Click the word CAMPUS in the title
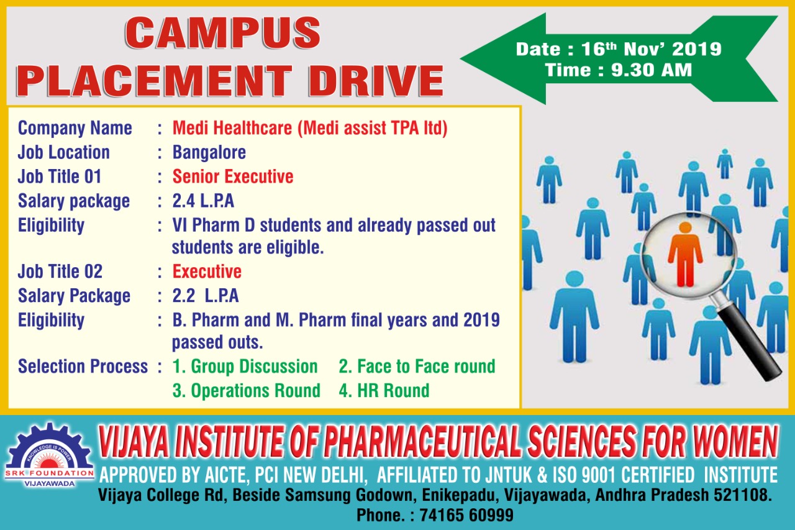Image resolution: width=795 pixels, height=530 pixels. click(x=222, y=33)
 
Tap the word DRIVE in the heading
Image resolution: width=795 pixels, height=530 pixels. click(x=376, y=80)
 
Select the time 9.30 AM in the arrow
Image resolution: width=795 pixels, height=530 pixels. click(x=652, y=70)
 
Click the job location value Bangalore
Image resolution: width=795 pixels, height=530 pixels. click(x=209, y=153)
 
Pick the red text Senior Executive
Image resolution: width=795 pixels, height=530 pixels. click(x=233, y=176)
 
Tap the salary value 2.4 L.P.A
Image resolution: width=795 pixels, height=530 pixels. click(x=203, y=201)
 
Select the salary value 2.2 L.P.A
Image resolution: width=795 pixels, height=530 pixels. click(x=205, y=296)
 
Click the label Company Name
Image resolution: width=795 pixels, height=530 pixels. click(x=75, y=129)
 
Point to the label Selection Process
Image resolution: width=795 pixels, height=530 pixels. click(x=83, y=367)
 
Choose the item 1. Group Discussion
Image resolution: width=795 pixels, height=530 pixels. click(x=245, y=367)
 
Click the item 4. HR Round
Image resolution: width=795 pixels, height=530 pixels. click(x=384, y=390)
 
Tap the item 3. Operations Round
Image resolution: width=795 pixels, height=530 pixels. click(x=247, y=391)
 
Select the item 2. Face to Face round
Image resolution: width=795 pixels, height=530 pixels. click(x=417, y=367)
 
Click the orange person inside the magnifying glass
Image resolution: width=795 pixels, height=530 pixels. click(x=685, y=254)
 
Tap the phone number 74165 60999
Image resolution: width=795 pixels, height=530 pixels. click(x=466, y=515)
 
